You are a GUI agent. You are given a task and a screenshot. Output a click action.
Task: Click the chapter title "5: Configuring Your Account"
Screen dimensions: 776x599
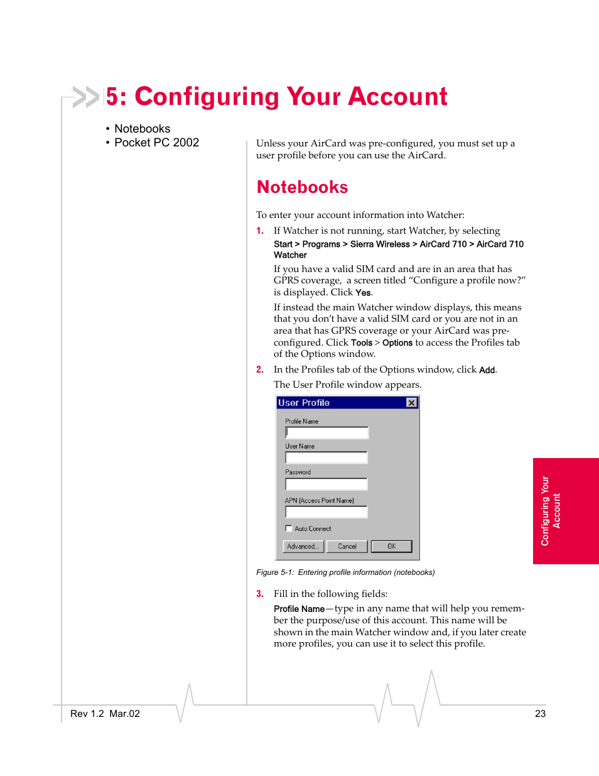[276, 97]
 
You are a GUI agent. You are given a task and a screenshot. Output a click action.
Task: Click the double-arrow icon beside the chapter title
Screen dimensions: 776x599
[86, 97]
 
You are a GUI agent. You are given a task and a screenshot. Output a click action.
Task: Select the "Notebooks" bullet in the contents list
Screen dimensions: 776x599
[142, 129]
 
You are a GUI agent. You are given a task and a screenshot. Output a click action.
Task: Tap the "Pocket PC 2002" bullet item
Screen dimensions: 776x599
[156, 143]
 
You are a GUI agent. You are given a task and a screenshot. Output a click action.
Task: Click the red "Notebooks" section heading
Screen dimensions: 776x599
[302, 187]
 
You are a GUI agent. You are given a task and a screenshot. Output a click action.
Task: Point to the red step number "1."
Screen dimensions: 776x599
[260, 231]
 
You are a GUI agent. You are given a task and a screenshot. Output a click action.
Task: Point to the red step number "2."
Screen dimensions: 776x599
[260, 369]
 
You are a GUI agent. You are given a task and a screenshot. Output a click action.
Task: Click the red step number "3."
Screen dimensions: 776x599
[260, 594]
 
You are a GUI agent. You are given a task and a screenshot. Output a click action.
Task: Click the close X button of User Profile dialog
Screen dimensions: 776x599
[411, 403]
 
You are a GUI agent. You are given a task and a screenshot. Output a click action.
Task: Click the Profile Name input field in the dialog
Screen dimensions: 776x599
[326, 432]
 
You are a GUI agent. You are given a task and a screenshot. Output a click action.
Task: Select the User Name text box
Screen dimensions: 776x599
[326, 457]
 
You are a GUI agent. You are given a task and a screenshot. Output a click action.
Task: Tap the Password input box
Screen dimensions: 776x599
[326, 484]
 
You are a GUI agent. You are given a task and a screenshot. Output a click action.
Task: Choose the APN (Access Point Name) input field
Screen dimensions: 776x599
[326, 512]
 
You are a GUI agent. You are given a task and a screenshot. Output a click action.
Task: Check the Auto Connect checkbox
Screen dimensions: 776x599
[289, 528]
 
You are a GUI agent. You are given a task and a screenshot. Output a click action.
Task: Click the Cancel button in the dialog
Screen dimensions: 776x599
[347, 547]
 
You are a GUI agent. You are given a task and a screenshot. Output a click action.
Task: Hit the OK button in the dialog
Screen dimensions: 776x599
[391, 547]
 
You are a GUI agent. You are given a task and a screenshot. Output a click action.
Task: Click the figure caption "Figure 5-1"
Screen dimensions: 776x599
[345, 572]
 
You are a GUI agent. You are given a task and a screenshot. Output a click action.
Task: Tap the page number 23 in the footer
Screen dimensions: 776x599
[540, 714]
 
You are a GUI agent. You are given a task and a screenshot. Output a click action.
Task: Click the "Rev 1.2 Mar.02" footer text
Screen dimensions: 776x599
[105, 714]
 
